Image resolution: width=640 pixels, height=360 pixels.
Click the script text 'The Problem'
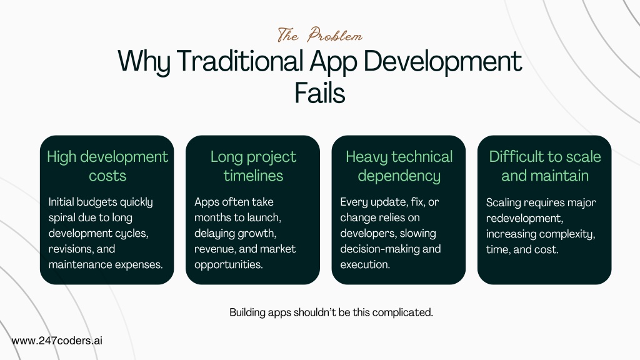(319, 35)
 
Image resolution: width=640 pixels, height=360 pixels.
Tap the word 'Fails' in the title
(320, 93)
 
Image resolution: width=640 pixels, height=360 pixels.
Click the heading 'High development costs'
(107, 166)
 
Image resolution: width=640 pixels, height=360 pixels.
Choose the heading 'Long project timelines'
(253, 166)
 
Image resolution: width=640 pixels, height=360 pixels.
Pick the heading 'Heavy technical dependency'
(399, 166)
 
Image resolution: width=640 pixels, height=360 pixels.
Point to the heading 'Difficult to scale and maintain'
(545, 166)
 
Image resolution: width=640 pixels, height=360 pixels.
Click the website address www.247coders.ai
(57, 341)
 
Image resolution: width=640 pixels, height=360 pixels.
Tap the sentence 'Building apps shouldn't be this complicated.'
(331, 312)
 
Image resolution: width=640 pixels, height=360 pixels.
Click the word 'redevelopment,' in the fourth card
(524, 218)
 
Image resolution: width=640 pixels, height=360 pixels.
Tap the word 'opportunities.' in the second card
(229, 265)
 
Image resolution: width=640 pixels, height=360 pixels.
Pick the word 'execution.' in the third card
(365, 264)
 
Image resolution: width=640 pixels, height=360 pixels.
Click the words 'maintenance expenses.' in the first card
(106, 264)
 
